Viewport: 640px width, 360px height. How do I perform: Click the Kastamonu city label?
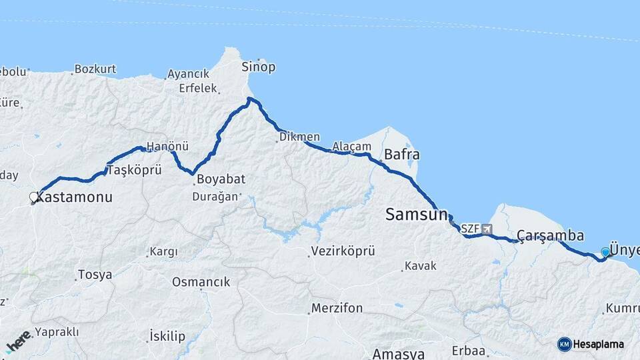click(x=75, y=198)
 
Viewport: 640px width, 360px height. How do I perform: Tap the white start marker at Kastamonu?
click(x=33, y=197)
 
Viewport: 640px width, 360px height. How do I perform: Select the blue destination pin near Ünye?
click(x=605, y=252)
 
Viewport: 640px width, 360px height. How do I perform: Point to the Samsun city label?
click(x=416, y=215)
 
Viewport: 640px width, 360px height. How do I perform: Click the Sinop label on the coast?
click(x=259, y=67)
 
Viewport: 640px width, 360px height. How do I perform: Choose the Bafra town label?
click(x=401, y=155)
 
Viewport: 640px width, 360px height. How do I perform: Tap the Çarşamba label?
click(x=550, y=236)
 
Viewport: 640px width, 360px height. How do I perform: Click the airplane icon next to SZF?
click(x=487, y=229)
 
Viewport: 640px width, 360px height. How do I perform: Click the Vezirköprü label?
click(x=343, y=251)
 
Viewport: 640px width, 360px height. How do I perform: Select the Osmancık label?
click(x=201, y=282)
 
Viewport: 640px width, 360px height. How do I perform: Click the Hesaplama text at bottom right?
click(x=598, y=345)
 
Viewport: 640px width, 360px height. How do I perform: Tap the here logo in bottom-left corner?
click(x=18, y=341)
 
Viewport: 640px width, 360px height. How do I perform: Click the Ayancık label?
click(x=188, y=74)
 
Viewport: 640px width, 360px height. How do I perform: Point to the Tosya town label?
click(x=95, y=275)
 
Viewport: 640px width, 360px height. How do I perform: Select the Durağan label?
click(x=215, y=197)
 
